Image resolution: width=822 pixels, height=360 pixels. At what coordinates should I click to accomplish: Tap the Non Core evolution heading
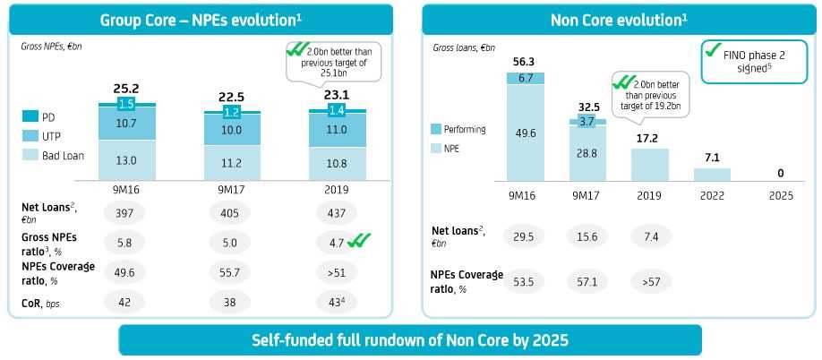click(619, 19)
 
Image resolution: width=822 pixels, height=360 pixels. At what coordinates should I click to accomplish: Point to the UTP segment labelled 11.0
click(336, 130)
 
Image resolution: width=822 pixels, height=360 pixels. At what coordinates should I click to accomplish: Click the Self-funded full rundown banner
click(409, 340)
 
